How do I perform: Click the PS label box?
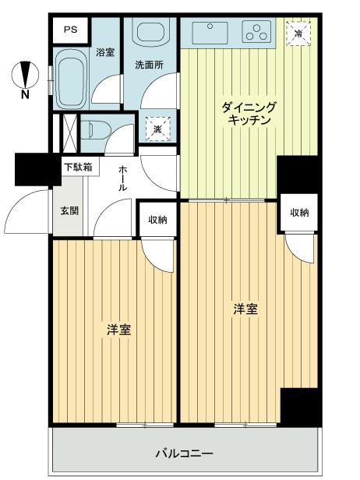(x=71, y=30)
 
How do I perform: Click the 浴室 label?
(x=106, y=53)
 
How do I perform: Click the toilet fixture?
(x=96, y=128)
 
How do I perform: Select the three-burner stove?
(x=257, y=32)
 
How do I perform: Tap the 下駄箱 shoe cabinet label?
(x=78, y=167)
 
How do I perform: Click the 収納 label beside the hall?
(x=157, y=220)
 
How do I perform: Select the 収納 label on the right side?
(x=299, y=212)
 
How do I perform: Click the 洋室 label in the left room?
(x=118, y=330)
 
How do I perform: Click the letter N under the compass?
(x=26, y=95)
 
